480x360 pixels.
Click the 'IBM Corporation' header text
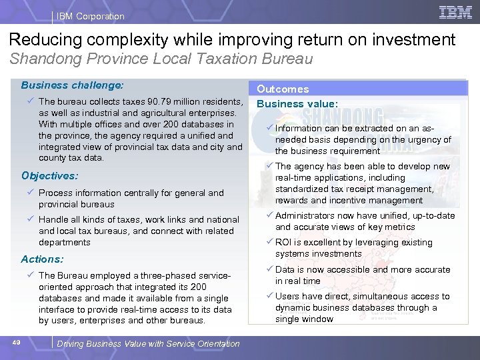91,16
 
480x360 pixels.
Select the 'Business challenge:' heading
72,85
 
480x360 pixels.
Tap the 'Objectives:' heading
49,176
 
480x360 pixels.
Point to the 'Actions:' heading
42,259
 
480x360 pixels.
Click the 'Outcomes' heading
283,89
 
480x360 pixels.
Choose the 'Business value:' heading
297,103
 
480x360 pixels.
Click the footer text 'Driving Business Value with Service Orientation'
148,344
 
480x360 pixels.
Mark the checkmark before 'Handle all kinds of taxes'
31,219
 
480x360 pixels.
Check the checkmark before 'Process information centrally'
31,193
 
